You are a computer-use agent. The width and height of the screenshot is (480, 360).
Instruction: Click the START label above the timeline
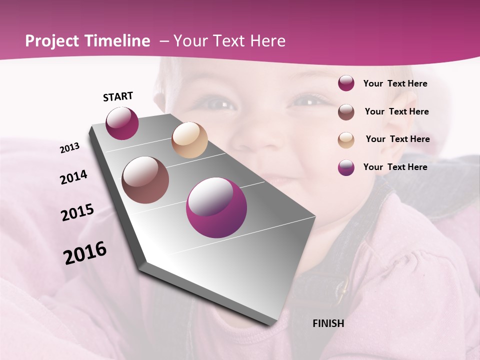pos(118,96)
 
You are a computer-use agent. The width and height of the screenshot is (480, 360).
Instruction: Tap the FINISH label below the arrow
pos(328,323)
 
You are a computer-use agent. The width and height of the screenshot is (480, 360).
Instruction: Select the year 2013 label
pos(69,148)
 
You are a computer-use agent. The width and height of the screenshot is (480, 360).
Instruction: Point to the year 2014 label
pos(73,177)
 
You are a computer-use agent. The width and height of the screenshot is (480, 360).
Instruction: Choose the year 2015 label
pos(77,212)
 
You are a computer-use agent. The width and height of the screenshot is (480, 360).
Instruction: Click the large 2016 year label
pos(85,252)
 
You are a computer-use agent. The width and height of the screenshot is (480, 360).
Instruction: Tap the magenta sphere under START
pos(122,123)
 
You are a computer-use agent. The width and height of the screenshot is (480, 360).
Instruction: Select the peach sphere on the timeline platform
pos(189,140)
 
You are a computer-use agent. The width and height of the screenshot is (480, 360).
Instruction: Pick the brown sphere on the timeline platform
pos(145,180)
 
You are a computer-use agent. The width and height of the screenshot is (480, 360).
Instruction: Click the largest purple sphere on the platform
pos(216,207)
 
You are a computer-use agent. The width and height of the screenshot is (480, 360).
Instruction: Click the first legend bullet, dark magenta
pos(346,83)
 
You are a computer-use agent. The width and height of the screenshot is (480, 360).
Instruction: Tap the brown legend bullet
pos(346,112)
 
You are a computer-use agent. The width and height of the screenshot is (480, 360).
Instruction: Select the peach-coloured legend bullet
pos(346,140)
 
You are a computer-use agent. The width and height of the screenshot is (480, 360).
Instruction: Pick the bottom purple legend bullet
pos(346,167)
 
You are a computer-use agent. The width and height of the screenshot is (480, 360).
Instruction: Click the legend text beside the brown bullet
pos(396,111)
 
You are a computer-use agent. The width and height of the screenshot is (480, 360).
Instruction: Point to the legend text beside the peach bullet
pos(397,139)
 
